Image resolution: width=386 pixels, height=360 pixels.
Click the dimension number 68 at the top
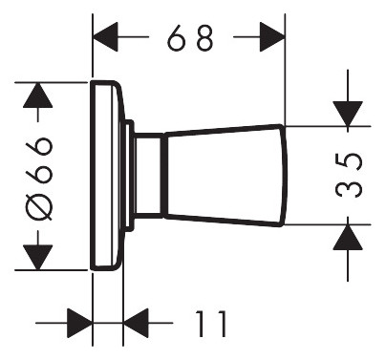point(190,37)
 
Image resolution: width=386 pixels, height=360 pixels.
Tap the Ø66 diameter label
point(39,179)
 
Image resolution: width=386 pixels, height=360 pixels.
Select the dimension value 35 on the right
point(349,176)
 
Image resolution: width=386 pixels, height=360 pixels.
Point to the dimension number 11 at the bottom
point(211,324)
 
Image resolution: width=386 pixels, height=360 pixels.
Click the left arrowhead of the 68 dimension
point(105,37)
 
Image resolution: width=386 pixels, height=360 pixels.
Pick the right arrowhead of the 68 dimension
point(272,37)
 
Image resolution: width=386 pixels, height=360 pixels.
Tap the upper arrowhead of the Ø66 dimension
point(38,95)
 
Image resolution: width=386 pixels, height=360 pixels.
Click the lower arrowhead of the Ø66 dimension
point(38,257)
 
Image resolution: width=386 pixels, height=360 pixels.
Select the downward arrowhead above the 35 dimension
point(348,114)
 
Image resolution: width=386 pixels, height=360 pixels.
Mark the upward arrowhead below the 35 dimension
point(348,237)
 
